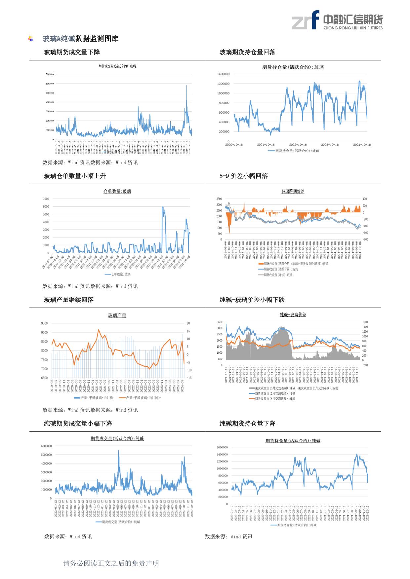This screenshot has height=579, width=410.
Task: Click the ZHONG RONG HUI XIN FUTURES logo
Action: (x=337, y=20)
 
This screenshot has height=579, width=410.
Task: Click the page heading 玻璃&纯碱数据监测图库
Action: (x=80, y=39)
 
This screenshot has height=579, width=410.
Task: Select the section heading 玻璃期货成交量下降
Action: (x=72, y=52)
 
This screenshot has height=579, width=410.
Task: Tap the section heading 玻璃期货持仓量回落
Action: (x=247, y=52)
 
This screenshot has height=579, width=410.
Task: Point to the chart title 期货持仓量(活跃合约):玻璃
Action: (x=293, y=67)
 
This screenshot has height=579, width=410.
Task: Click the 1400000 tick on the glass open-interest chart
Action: (x=223, y=74)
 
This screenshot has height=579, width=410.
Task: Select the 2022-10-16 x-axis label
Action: (x=298, y=145)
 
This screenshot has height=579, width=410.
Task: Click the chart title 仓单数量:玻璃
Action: (x=117, y=191)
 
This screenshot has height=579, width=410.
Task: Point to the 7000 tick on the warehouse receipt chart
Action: (x=46, y=199)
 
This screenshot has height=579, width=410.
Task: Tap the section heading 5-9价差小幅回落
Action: (x=243, y=176)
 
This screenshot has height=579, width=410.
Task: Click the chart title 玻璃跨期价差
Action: (x=293, y=191)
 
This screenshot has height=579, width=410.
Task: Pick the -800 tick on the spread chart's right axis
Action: (x=365, y=239)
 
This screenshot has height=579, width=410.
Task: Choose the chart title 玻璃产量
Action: (x=117, y=315)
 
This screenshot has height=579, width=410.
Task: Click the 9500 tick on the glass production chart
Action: (x=44, y=323)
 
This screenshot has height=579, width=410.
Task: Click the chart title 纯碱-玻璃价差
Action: (x=293, y=315)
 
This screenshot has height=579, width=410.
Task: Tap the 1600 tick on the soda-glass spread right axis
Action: (x=365, y=322)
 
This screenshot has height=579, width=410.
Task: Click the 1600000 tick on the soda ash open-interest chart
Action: (x=222, y=447)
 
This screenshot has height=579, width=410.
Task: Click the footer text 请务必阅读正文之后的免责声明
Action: (x=111, y=563)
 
